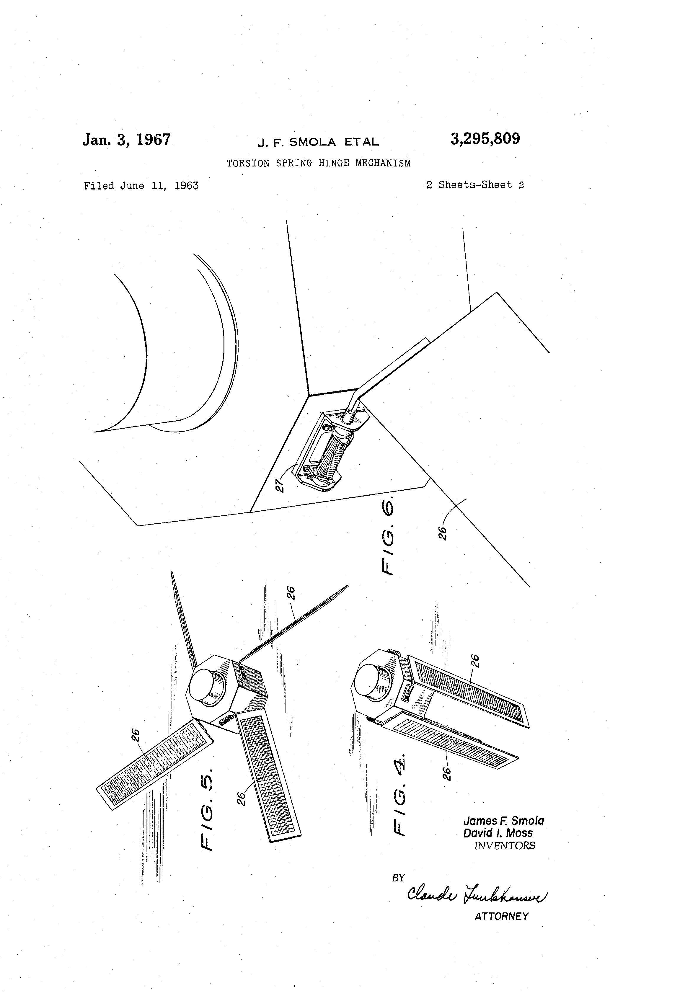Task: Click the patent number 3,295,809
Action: [x=485, y=139]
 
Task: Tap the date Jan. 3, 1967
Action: [x=126, y=140]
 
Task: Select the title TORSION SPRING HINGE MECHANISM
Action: [x=318, y=163]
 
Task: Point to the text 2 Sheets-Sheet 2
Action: [x=475, y=185]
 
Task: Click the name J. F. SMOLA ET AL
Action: [x=318, y=142]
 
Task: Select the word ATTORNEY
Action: [x=501, y=916]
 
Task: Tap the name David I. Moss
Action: [x=498, y=833]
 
